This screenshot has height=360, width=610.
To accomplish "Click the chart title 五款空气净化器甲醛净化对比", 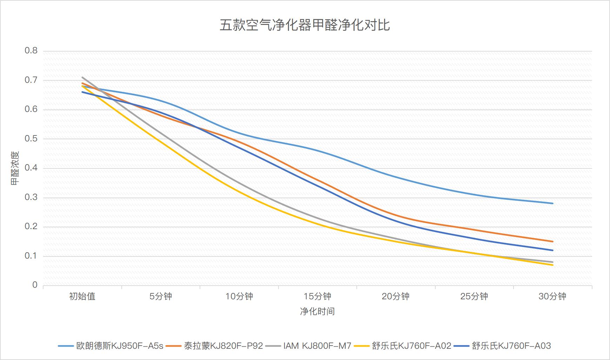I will coord(304,25).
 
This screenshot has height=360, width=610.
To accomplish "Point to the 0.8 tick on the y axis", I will coord(31,51).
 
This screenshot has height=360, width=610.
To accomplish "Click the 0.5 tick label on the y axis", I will coord(31,139).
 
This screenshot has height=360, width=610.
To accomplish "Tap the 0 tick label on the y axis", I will coord(35,285).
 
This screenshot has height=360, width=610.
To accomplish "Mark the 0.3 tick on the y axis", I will coord(31,198).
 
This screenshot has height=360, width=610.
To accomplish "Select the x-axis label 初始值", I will coord(82,296).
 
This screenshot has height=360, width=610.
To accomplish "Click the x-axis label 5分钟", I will coord(161,296).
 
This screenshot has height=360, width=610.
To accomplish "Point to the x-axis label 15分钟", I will coord(317,296).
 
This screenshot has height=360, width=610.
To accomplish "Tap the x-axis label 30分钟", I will coord(552,296).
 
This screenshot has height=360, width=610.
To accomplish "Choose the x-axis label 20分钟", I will coord(396,296).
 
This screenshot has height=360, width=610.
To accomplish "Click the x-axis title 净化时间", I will coord(317,311).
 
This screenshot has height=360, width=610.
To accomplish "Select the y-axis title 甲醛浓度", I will coord(15,168).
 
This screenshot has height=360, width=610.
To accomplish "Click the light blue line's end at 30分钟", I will coord(553,203).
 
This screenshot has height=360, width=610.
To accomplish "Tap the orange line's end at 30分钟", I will coord(553,241).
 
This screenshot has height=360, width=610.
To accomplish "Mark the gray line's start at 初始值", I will coord(82,77).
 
